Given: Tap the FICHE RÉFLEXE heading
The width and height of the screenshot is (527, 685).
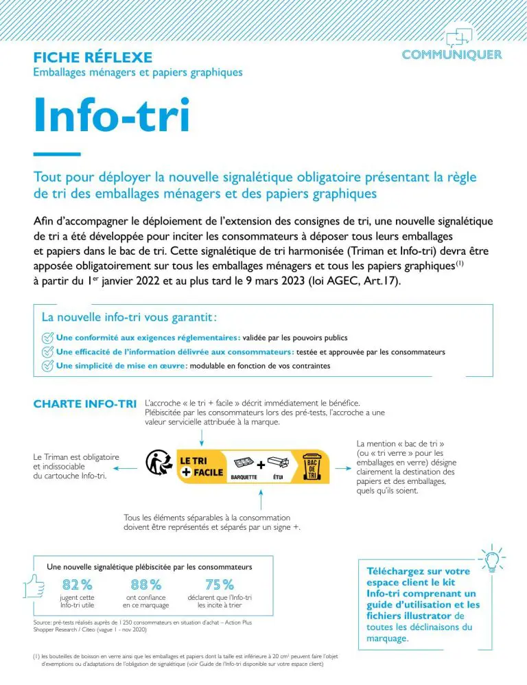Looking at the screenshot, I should [93, 58].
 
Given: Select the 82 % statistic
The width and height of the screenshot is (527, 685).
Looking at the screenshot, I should [77, 585].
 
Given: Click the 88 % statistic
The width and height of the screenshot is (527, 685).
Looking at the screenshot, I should [145, 585].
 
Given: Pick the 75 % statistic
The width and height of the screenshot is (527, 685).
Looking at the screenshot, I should [220, 585].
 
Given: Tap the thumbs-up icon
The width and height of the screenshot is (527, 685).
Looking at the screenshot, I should [34, 585].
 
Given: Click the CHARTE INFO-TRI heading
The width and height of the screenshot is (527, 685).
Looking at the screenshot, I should [85, 404].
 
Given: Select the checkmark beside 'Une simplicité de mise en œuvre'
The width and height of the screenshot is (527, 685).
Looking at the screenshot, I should [47, 366].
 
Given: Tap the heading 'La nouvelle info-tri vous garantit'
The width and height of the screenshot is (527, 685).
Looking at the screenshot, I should [130, 318].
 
